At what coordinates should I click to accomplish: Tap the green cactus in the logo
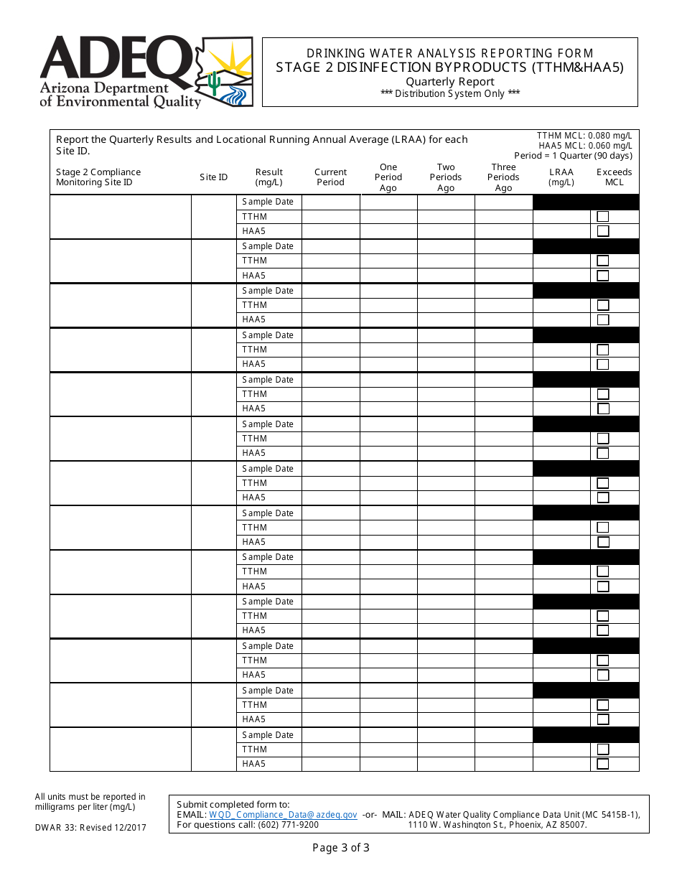pos(214,83)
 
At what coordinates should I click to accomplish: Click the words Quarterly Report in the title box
pos(450,82)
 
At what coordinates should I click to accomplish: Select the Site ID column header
pos(214,177)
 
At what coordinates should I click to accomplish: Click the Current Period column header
pos(330,177)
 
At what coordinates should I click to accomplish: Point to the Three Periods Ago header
pos(503,177)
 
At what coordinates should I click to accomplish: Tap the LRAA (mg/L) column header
pos(561,177)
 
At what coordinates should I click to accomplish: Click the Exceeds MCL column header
pos(615,177)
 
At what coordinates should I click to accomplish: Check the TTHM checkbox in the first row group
pos(603,217)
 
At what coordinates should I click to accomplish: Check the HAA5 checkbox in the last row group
pos(603,764)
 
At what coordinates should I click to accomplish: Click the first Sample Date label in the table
pos(268,202)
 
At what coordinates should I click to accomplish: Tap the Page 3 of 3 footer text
pos(341,848)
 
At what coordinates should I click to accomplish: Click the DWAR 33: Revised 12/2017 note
pos(90,828)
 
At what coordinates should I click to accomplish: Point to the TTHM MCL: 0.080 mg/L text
pos(584,136)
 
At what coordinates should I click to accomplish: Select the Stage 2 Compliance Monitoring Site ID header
pos(98,177)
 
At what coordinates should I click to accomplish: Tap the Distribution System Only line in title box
pos(450,93)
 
